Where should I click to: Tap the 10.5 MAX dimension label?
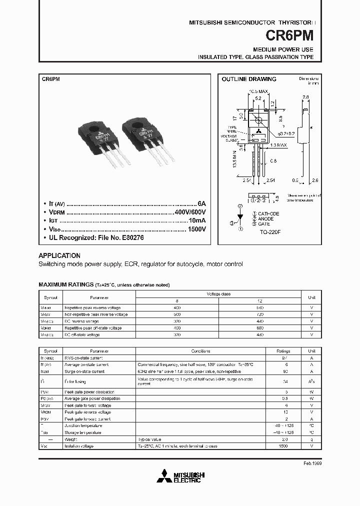point(258,91)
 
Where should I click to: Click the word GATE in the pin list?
point(264,224)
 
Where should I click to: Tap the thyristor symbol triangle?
point(239,217)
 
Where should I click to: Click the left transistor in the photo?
point(102,140)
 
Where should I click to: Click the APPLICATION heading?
point(59,255)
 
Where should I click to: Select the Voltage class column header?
point(218,294)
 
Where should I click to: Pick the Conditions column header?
point(200,351)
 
